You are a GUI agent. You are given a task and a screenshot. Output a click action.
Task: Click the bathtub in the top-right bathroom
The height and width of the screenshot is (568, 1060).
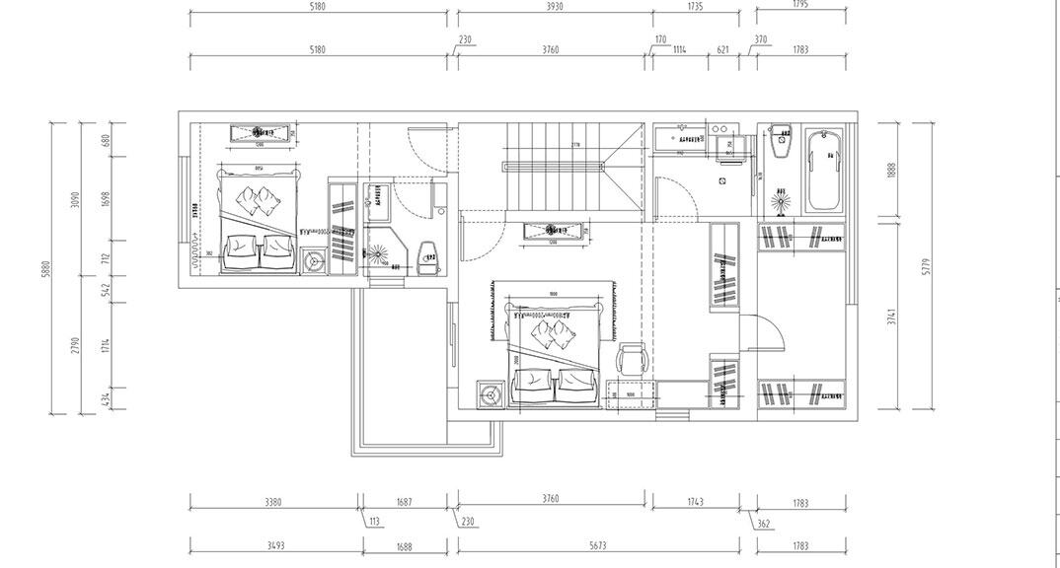pos(825,173)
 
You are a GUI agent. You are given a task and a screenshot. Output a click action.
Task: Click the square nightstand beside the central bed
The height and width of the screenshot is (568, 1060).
pos(491,394)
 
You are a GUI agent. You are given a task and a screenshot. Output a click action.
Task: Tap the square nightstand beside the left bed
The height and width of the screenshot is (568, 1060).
pos(314,261)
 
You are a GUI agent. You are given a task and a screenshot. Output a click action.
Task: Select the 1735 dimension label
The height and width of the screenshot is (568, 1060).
pos(695,6)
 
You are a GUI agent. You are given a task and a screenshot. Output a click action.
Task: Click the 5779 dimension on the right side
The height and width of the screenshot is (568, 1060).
pos(926,267)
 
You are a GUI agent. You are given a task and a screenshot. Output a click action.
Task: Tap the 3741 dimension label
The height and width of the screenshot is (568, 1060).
pos(891,317)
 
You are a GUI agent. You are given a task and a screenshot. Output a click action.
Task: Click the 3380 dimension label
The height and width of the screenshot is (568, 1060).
pos(273,502)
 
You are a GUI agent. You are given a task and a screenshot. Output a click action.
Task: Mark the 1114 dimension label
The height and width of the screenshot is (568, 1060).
pos(679,49)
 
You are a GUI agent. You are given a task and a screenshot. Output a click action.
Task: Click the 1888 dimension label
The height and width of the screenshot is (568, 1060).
pos(891,169)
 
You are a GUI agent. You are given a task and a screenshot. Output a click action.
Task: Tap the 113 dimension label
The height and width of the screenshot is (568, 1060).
pos(374,522)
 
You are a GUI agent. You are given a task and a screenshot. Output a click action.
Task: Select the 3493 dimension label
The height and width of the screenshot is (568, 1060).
pos(275,545)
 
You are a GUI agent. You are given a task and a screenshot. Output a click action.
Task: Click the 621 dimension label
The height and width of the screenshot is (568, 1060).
pos(722,49)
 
